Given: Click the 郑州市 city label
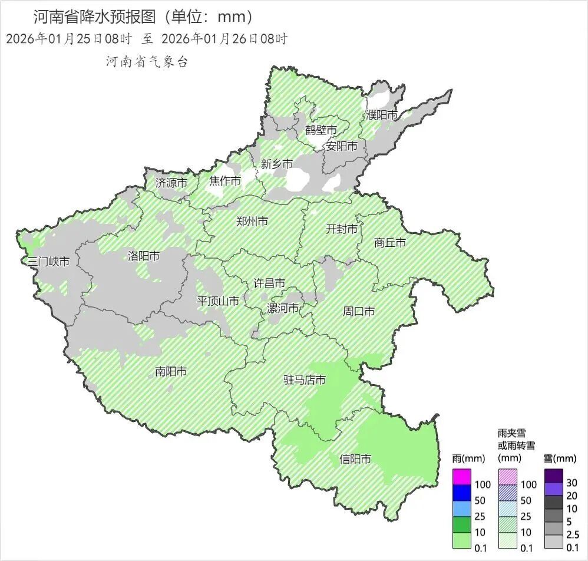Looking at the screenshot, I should [252, 222].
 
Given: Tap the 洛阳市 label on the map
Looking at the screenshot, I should [144, 256].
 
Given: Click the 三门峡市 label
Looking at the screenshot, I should [48, 261].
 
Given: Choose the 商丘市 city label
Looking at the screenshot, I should [390, 242].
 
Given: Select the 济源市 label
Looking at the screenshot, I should [171, 183].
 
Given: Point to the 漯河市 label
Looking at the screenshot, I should [283, 308].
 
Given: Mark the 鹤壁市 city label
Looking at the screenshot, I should [321, 130].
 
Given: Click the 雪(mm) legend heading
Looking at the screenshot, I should [559, 457].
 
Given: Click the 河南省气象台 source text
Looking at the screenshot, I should [147, 62].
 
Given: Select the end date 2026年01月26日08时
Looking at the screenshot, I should [224, 39].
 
